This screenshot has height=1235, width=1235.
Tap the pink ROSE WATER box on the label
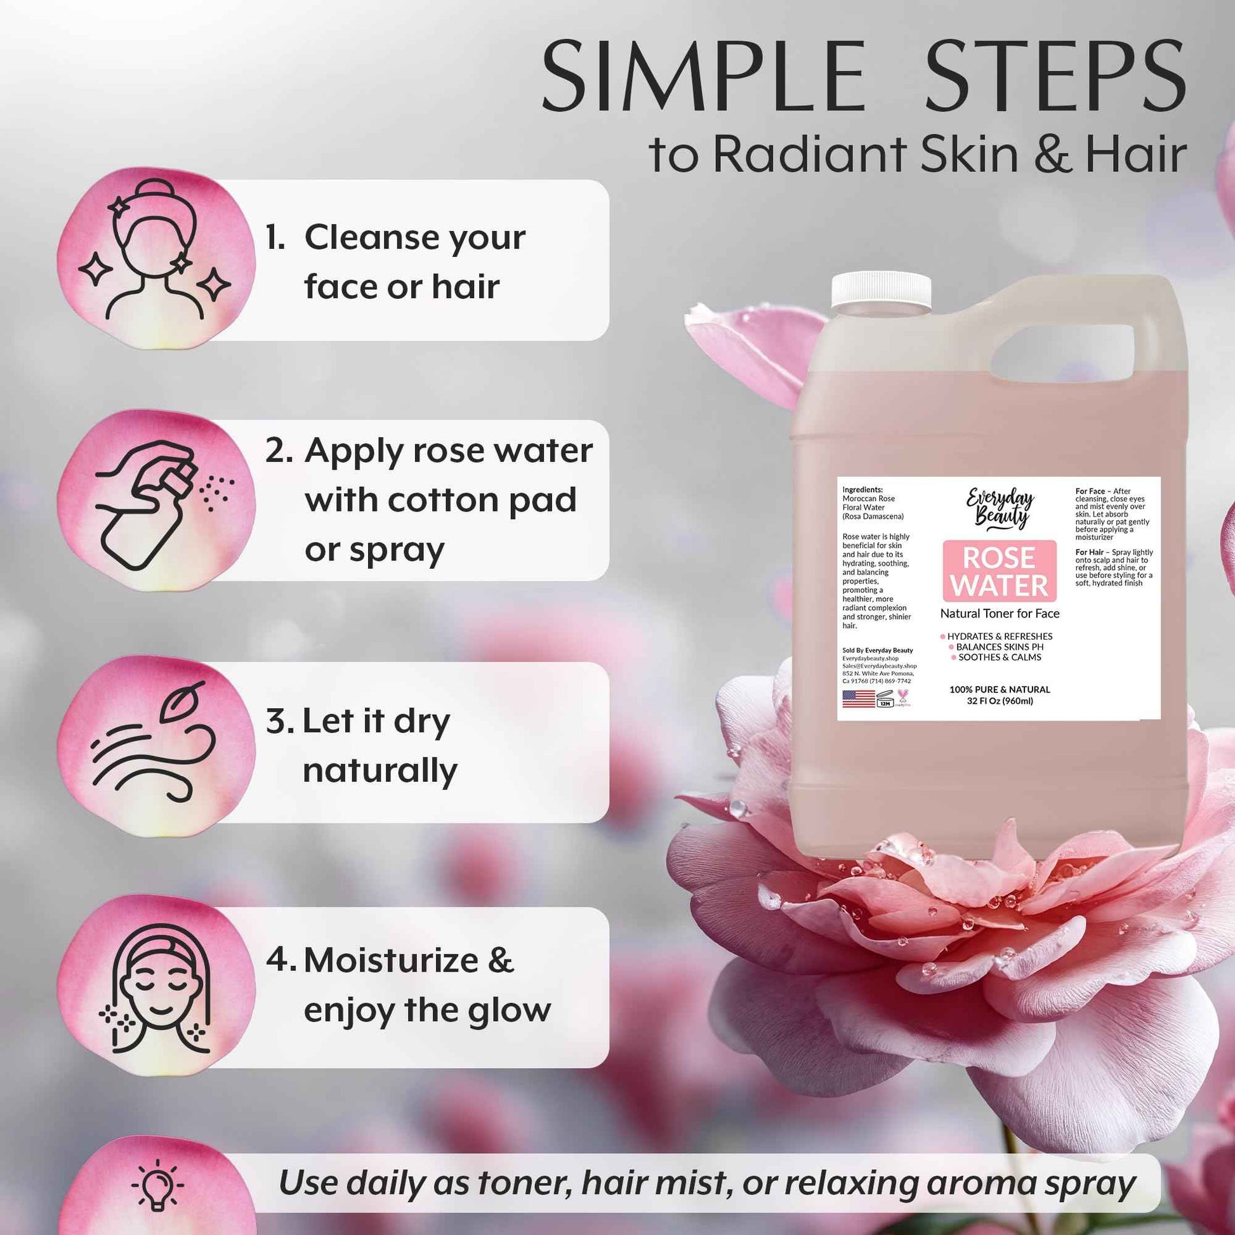click(999, 571)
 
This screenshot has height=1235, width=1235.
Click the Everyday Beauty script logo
click(1000, 509)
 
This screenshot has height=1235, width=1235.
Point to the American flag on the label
click(859, 699)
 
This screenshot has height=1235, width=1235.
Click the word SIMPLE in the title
click(703, 77)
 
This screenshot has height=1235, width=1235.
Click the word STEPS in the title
click(1055, 77)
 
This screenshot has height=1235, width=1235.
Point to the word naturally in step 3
click(380, 771)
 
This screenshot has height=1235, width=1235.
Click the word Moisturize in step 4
click(391, 961)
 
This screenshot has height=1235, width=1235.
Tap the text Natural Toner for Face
click(1000, 614)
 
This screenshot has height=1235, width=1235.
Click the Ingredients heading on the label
click(862, 490)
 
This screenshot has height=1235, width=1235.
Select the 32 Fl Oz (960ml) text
click(1000, 701)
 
